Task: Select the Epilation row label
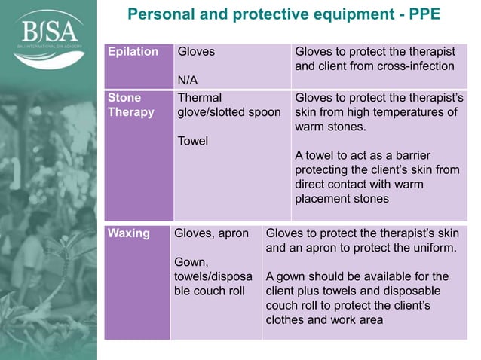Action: (x=133, y=52)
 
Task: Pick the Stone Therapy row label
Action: (x=130, y=105)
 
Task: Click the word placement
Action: (x=325, y=199)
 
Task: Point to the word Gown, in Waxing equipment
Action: (x=191, y=262)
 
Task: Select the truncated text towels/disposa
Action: (x=210, y=276)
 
